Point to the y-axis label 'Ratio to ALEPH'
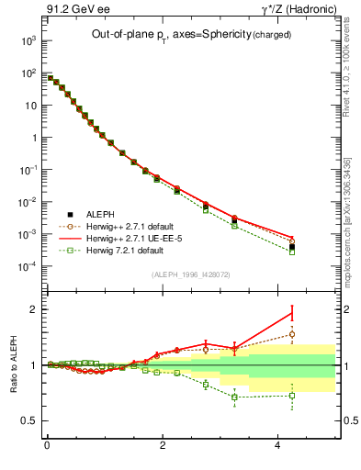[14, 364]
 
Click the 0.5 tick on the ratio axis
[29, 420]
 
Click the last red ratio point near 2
[292, 312]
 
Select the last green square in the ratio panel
[292, 396]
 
